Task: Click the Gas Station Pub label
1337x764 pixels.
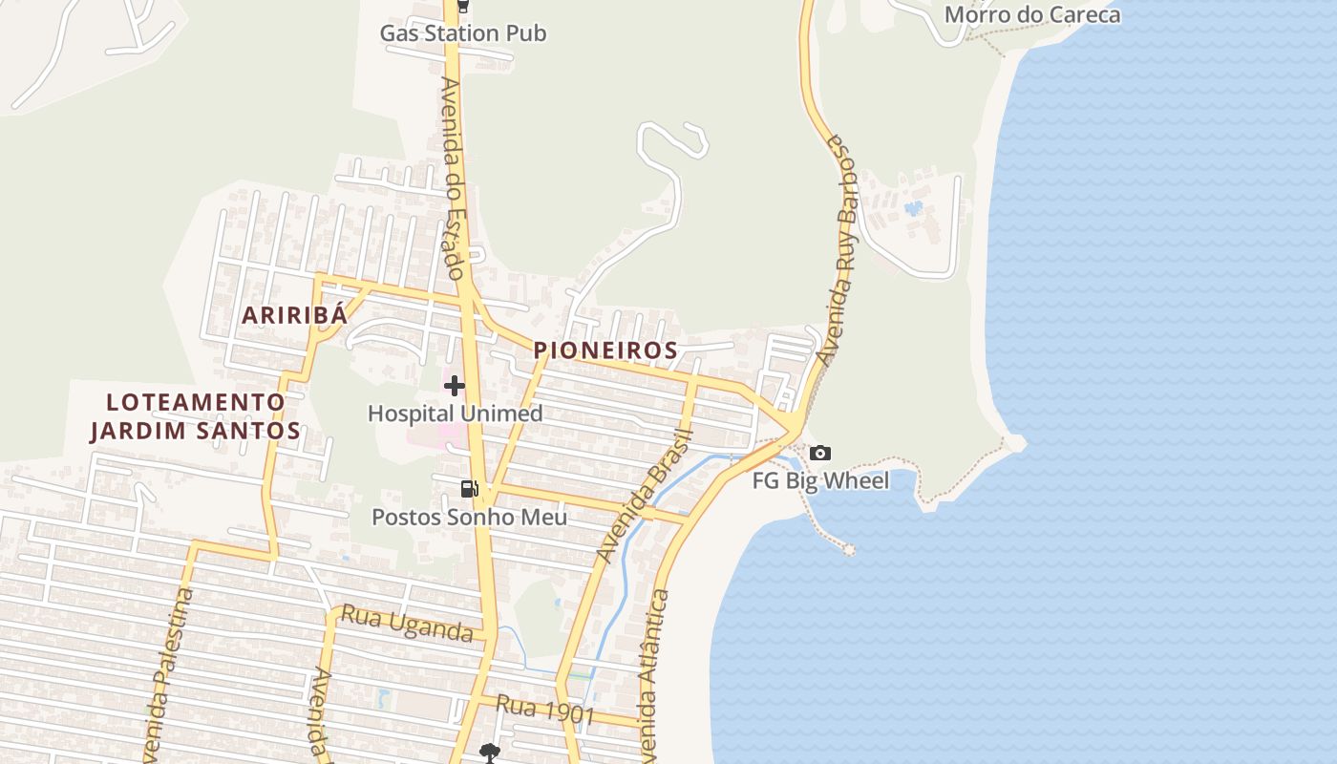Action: [x=463, y=33]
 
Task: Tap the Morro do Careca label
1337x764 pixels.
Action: [x=1031, y=14]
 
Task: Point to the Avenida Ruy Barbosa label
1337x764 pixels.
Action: [x=838, y=250]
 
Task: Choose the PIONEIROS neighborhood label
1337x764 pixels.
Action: [x=605, y=350]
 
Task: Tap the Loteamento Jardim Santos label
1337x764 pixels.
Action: [x=196, y=416]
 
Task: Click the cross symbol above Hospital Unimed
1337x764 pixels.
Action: [x=455, y=386]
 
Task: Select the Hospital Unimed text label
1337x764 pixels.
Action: [x=455, y=414]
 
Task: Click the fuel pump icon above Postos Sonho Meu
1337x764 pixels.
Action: [x=469, y=489]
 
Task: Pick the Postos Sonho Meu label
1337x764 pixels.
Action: [x=469, y=518]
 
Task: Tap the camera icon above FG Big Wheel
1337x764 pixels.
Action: [x=820, y=454]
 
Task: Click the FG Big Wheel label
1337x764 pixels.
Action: [x=820, y=480]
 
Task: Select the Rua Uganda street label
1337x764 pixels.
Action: [x=407, y=624]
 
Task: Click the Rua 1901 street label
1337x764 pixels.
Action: [x=545, y=711]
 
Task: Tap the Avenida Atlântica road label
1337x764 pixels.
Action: [x=653, y=673]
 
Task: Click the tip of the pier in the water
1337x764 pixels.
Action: [x=848, y=549]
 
